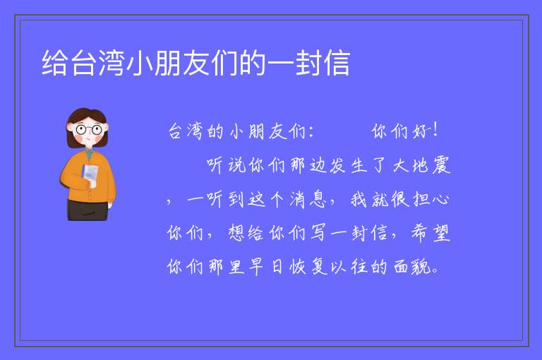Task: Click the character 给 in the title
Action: [x=55, y=63]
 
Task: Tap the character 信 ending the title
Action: [x=337, y=63]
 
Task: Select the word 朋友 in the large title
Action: [x=182, y=63]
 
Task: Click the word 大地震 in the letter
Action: [x=422, y=165]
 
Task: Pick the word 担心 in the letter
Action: [x=430, y=200]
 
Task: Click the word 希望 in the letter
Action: [x=430, y=233]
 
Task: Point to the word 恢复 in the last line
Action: [x=308, y=267]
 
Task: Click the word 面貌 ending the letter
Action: [x=412, y=267]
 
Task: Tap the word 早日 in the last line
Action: [x=266, y=267]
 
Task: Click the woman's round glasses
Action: [x=88, y=130]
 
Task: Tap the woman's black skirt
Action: [x=88, y=210]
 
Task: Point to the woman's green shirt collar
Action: [x=89, y=153]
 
